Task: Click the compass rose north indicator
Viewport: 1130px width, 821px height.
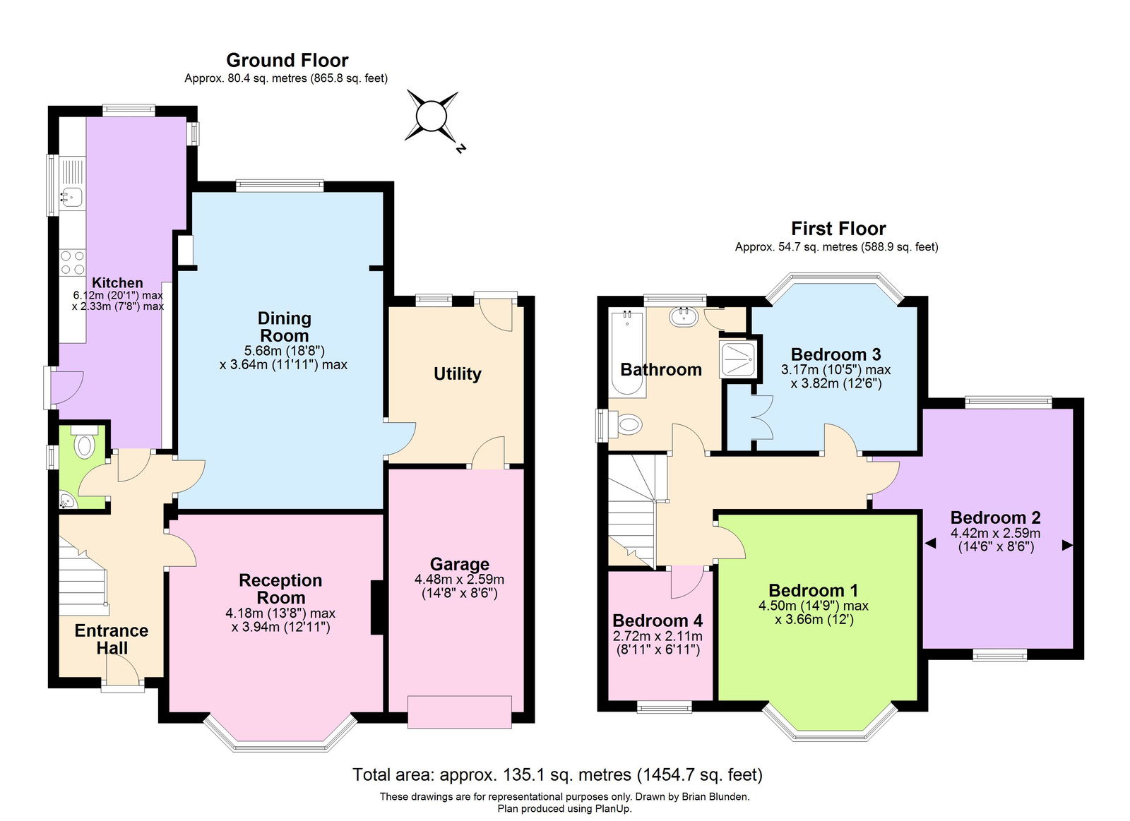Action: tap(460, 148)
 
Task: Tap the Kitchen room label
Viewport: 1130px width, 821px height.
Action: tap(117, 282)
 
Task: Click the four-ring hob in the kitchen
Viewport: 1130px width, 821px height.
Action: tap(73, 263)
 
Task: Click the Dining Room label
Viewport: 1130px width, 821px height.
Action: tap(285, 327)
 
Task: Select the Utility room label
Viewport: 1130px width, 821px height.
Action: tap(458, 373)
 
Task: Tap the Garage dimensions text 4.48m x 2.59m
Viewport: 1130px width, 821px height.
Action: tap(459, 580)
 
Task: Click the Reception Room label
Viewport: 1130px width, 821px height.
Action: tap(280, 589)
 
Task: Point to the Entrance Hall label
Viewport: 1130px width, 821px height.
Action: tap(112, 639)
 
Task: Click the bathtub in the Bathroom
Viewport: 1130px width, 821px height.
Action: tap(627, 352)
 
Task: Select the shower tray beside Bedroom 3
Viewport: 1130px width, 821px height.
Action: tap(739, 359)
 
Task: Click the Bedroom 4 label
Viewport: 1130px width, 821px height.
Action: tap(658, 620)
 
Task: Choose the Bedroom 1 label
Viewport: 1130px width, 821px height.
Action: tap(813, 590)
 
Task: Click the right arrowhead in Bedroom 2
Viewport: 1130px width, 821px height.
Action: tap(1067, 545)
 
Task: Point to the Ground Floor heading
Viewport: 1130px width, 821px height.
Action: tap(287, 60)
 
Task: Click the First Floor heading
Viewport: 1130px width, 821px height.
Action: tap(838, 229)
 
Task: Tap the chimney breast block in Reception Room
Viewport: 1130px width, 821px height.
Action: tap(377, 607)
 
